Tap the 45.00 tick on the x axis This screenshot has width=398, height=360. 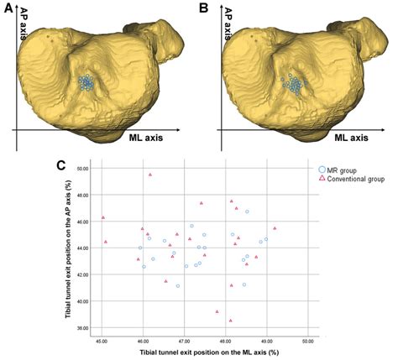(x=102, y=342)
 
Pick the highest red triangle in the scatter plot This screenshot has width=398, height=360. (x=150, y=175)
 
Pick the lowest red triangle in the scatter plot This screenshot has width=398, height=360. (x=230, y=320)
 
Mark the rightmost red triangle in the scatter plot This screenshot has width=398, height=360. (x=275, y=227)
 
